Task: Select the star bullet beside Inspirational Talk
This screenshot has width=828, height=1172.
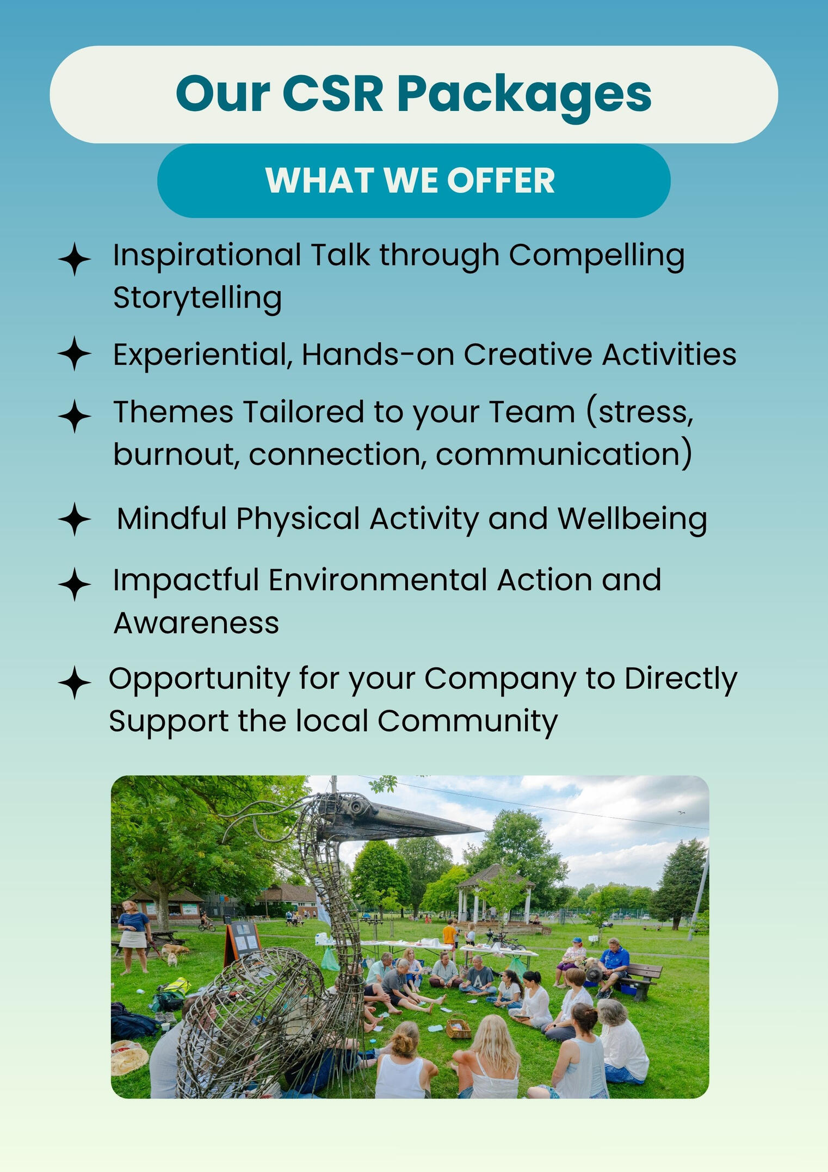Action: click(75, 259)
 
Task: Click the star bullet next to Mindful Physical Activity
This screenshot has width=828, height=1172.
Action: click(75, 519)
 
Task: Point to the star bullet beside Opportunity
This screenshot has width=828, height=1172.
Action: click(75, 682)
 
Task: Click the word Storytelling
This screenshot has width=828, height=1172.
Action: click(197, 298)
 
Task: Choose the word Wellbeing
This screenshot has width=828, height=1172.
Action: click(632, 519)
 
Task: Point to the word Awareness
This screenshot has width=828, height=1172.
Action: click(196, 623)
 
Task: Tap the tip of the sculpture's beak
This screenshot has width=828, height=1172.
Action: click(483, 830)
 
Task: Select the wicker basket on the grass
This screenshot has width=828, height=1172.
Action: click(458, 1026)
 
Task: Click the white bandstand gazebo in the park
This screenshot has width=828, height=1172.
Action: click(493, 894)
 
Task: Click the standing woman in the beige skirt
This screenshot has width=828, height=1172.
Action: click(133, 936)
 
